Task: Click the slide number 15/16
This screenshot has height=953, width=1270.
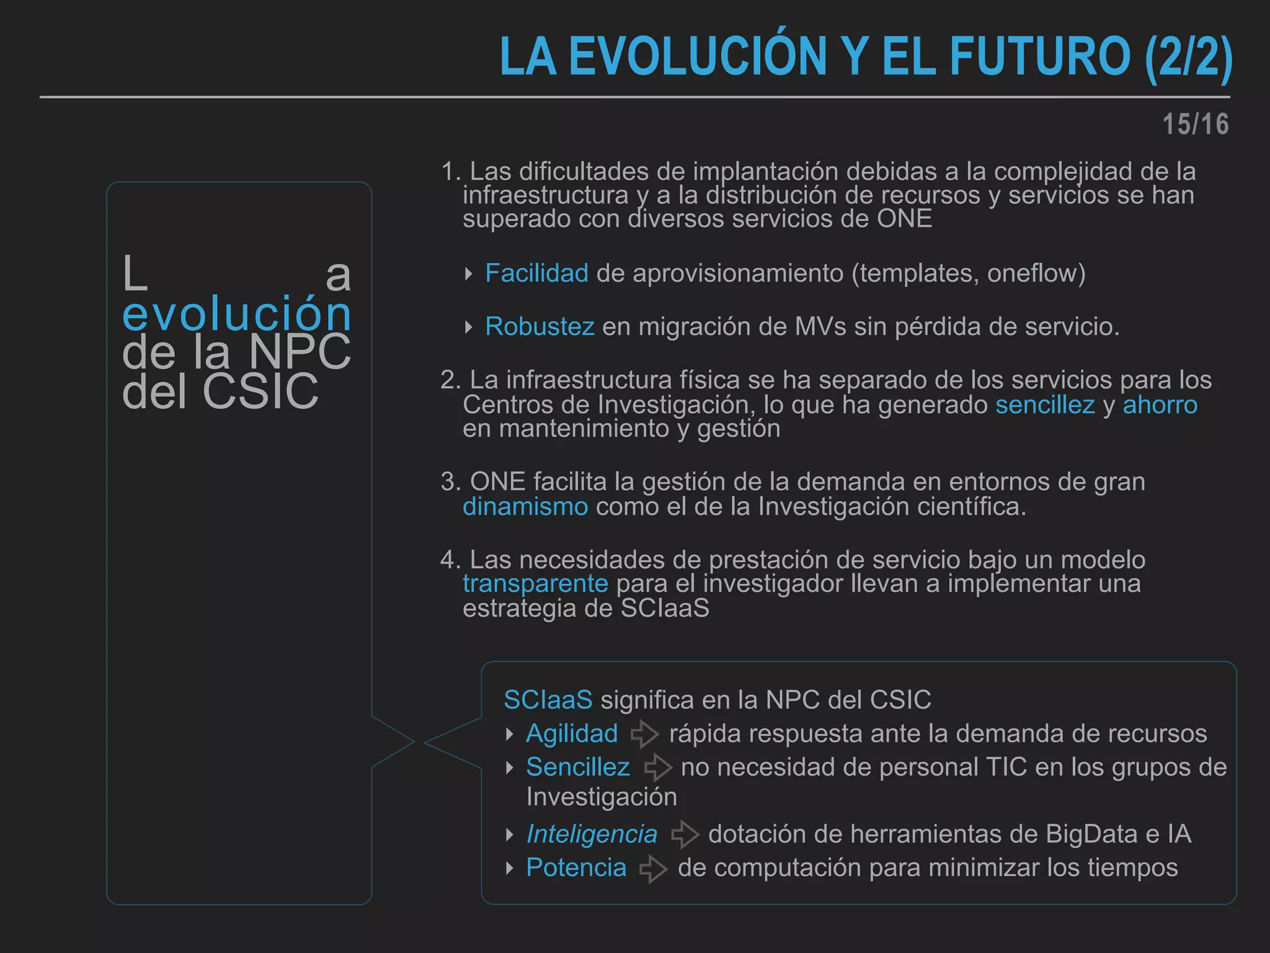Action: (1195, 124)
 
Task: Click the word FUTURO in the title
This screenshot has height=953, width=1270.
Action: (1040, 56)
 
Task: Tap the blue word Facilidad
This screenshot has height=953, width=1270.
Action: (536, 273)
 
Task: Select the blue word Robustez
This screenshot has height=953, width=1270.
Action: (540, 326)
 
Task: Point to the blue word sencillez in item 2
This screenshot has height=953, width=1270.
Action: (1045, 405)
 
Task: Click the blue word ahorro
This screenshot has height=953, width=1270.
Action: (1160, 405)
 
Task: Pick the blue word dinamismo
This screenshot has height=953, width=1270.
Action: (525, 506)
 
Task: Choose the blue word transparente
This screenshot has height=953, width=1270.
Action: (535, 583)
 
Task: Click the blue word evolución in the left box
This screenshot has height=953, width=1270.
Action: (237, 313)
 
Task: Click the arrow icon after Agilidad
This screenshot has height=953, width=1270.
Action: (644, 734)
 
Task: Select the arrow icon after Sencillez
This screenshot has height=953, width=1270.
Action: (657, 767)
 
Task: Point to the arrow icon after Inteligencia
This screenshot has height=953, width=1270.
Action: (685, 834)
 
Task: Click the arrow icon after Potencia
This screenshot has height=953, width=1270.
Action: (653, 868)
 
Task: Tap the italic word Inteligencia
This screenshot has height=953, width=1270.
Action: (592, 834)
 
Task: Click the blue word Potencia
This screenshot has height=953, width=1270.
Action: (576, 867)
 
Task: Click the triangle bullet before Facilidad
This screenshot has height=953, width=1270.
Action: (469, 274)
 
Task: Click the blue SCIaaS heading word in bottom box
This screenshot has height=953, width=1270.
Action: (548, 700)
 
